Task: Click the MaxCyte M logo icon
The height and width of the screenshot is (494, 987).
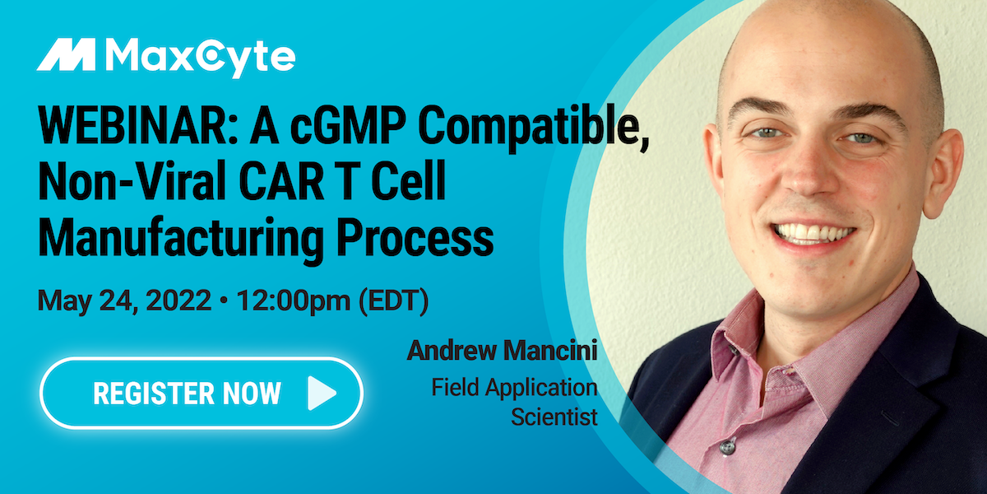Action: coord(67,55)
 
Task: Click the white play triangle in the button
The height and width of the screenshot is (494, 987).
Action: coord(321,394)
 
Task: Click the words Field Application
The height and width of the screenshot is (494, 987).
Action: coord(514,387)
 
